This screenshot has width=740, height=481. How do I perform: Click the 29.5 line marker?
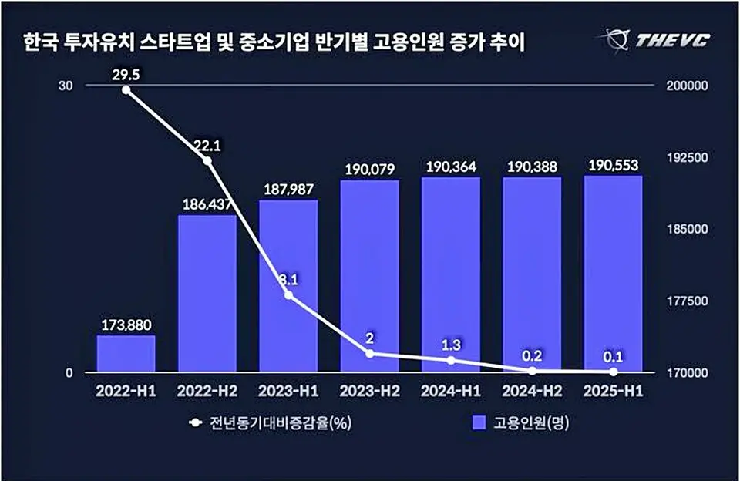[126, 90]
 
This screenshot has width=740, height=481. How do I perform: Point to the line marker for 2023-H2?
[369, 354]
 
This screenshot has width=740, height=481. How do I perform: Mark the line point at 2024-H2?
[532, 371]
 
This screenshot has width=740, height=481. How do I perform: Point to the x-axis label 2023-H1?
[288, 392]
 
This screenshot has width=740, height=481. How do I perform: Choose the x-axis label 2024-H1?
[450, 392]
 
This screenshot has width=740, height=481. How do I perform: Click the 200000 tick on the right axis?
[685, 86]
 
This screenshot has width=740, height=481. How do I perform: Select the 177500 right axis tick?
[685, 301]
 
